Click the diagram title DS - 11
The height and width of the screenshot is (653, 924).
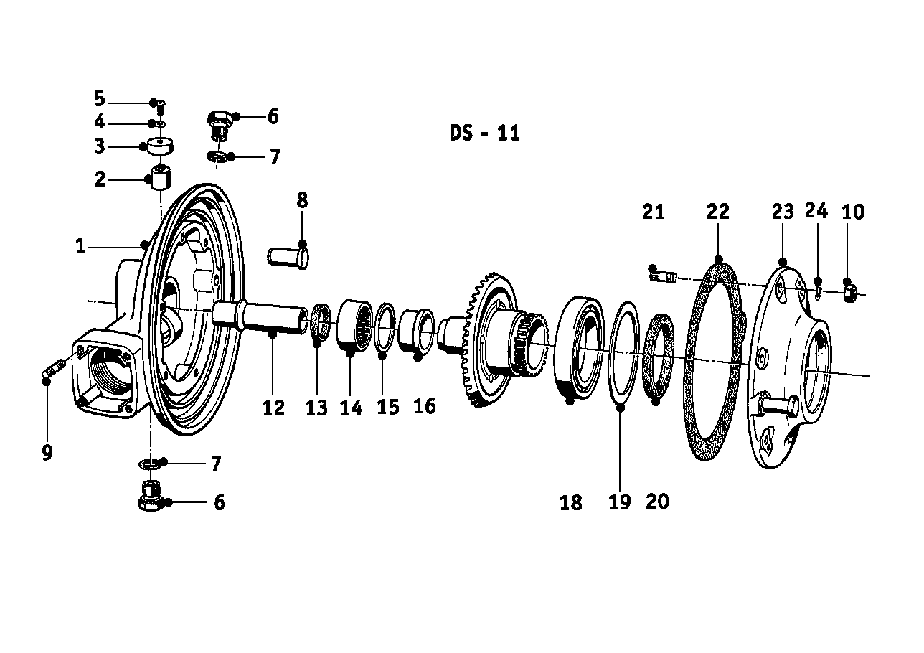click(x=484, y=133)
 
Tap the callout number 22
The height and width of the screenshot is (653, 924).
click(x=717, y=212)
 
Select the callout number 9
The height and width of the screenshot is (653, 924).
click(x=47, y=454)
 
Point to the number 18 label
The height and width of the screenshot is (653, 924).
click(x=571, y=503)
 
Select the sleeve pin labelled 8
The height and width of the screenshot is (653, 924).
click(x=288, y=255)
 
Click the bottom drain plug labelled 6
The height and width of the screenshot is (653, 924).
click(x=151, y=497)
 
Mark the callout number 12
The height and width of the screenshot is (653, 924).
click(x=273, y=408)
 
